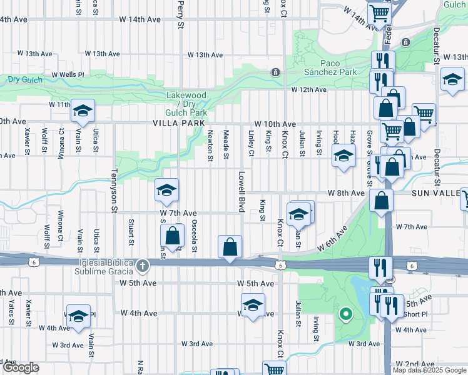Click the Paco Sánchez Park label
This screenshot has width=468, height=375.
pos(338,67)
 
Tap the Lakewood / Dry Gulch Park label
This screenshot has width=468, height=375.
pos(186,104)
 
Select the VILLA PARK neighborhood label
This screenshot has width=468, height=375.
pos(179,124)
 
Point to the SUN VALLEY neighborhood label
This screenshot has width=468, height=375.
pos(439,194)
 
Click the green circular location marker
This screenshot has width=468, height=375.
pos(344,314)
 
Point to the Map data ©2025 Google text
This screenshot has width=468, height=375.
pos(429,370)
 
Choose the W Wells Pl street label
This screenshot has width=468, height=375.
pos(68,75)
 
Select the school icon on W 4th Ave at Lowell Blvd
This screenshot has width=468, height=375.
pos(252,306)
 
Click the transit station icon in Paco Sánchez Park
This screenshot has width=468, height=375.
pos(274,72)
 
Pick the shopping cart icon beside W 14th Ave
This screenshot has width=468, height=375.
pos(379,12)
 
